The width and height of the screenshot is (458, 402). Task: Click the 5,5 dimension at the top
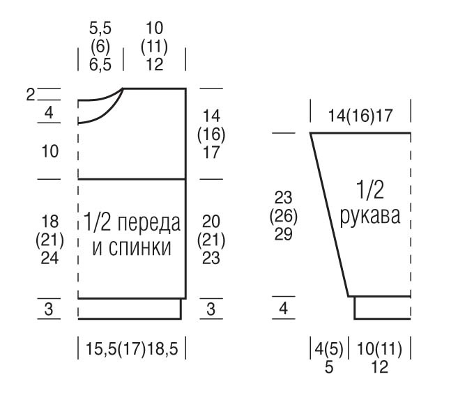tap(100, 29)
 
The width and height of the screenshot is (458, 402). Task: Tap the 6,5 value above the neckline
tap(100, 65)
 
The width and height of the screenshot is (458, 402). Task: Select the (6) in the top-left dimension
tap(100, 47)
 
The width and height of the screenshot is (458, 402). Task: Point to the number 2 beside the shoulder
tap(30, 95)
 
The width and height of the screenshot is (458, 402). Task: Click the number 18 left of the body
tap(50, 222)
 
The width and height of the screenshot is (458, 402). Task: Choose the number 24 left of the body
tap(49, 258)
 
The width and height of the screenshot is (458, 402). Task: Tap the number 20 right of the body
tap(211, 222)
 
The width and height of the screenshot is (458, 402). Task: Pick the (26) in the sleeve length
tap(283, 216)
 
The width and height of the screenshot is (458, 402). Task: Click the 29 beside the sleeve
tap(283, 234)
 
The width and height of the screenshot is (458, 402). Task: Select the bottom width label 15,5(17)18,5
tap(132, 348)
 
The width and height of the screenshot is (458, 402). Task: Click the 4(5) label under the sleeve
tap(329, 348)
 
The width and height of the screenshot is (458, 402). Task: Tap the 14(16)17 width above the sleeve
tap(360, 116)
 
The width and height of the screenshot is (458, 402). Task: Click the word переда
tap(149, 223)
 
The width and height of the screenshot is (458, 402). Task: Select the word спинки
tap(140, 248)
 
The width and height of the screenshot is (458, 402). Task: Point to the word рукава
tap(370, 216)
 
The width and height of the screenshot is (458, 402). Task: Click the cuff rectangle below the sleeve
tap(383, 308)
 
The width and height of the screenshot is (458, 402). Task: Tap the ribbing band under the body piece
tap(130, 309)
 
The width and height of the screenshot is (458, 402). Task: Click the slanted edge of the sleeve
tap(329, 215)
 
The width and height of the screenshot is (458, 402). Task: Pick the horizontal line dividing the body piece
tap(132, 178)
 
